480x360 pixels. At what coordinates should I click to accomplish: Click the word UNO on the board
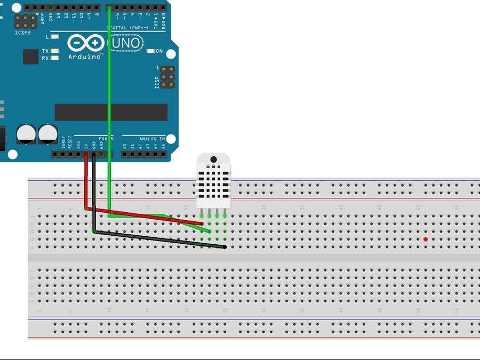[126, 43]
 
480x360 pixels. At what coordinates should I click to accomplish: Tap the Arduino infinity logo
[86, 43]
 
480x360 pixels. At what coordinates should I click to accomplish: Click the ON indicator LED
[158, 51]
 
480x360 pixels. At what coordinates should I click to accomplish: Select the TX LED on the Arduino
[54, 51]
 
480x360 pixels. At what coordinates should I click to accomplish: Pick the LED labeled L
[54, 37]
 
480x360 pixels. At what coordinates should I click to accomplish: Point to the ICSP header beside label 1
[167, 77]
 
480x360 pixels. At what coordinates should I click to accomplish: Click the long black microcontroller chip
[111, 112]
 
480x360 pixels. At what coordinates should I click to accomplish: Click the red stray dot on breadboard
[425, 239]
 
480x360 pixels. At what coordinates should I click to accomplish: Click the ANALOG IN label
[152, 139]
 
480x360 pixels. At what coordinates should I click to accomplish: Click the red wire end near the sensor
[202, 224]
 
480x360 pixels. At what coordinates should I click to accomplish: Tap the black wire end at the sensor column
[225, 247]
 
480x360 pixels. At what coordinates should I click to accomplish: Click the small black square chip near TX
[30, 57]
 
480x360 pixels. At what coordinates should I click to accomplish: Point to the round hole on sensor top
[214, 159]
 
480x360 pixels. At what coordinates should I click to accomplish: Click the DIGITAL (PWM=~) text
[125, 28]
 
